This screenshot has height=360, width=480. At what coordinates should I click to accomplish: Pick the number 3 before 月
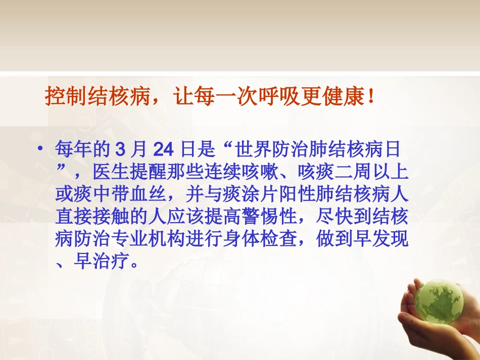(120, 150)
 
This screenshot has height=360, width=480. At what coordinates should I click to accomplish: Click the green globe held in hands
(439, 301)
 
